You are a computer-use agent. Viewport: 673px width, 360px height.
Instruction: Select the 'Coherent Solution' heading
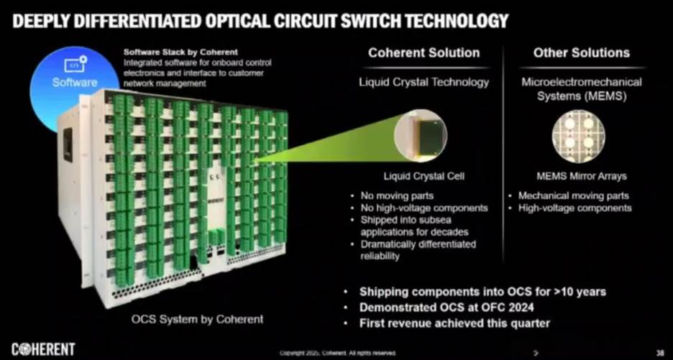click(x=424, y=52)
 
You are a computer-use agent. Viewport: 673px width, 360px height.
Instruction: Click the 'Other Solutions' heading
click(x=581, y=52)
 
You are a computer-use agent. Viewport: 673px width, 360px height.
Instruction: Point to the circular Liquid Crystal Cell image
click(x=421, y=136)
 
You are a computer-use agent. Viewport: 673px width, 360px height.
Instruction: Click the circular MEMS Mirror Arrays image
click(x=578, y=136)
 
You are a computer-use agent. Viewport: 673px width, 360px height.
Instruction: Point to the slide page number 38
click(x=659, y=352)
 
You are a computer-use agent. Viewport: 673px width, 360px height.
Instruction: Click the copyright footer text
click(x=336, y=353)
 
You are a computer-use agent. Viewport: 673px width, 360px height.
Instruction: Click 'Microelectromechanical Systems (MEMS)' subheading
click(x=581, y=88)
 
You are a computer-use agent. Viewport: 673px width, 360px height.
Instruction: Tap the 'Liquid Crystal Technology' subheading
click(x=424, y=82)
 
